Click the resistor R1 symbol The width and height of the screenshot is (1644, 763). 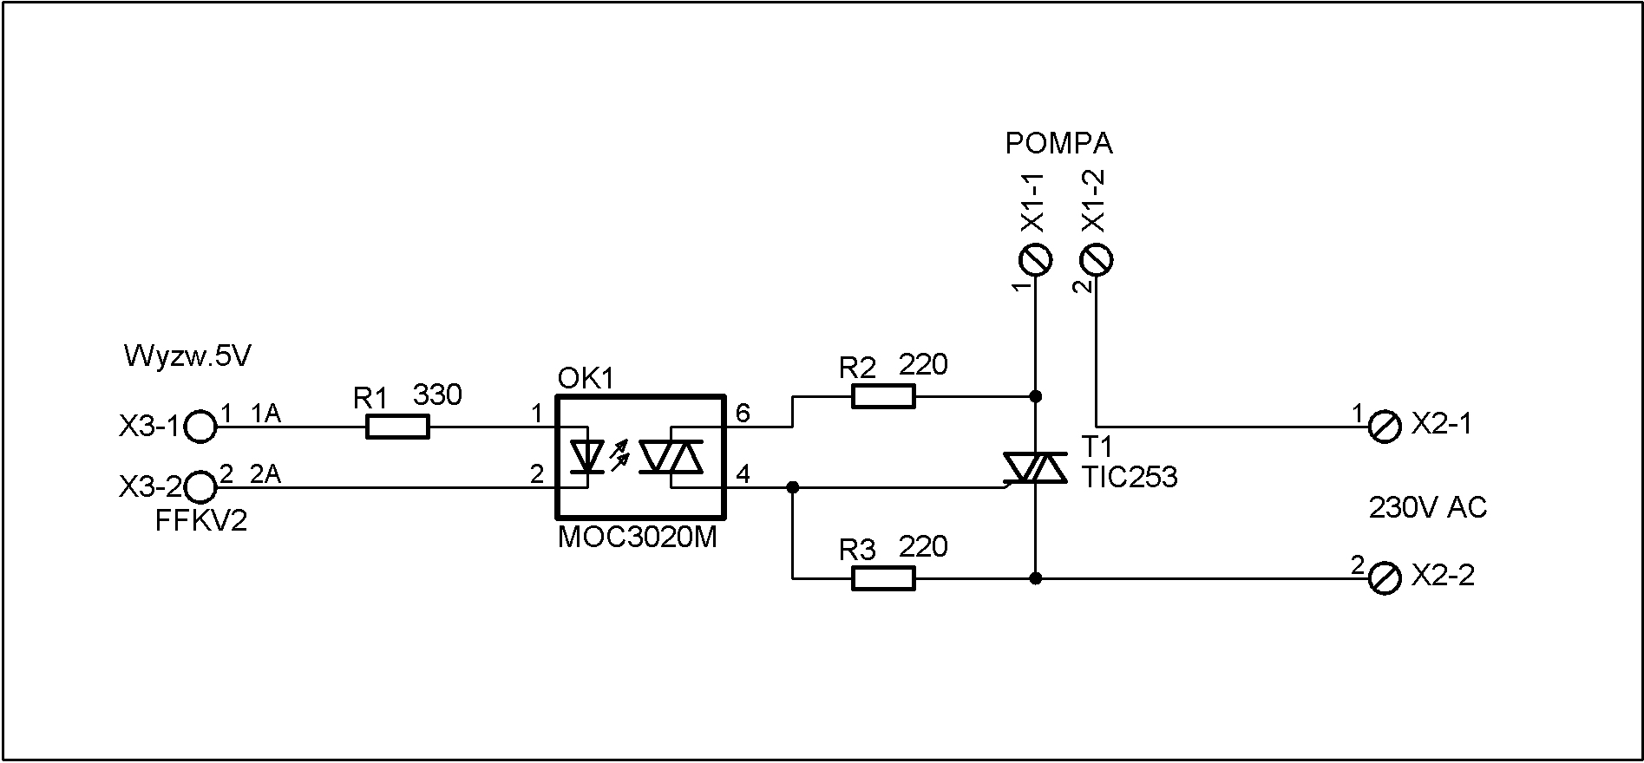click(397, 427)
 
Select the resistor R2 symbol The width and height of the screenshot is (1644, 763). click(883, 396)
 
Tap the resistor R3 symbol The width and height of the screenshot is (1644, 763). click(883, 578)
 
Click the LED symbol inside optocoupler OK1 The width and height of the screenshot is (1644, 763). click(589, 457)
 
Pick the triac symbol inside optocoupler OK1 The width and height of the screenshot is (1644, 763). click(671, 457)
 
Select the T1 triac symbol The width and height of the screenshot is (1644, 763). click(1035, 469)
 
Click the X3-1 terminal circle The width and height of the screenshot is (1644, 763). click(200, 427)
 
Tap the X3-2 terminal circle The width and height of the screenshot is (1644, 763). click(200, 487)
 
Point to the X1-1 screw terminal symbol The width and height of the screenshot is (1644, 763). click(1035, 258)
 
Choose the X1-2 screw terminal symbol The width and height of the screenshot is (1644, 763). click(1097, 258)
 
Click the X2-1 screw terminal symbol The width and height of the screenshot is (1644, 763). click(1385, 427)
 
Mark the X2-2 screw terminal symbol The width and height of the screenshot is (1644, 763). click(1385, 578)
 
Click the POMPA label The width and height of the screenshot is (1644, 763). click(1058, 143)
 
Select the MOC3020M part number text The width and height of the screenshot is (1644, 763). click(637, 538)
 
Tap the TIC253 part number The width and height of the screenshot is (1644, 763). click(1130, 477)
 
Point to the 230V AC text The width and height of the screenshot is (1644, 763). click(1428, 507)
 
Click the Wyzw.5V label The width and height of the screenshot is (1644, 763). click(187, 356)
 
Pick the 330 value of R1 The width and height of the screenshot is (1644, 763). click(437, 395)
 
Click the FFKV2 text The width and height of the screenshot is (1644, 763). click(200, 521)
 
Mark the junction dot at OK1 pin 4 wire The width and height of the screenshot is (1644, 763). click(792, 487)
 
